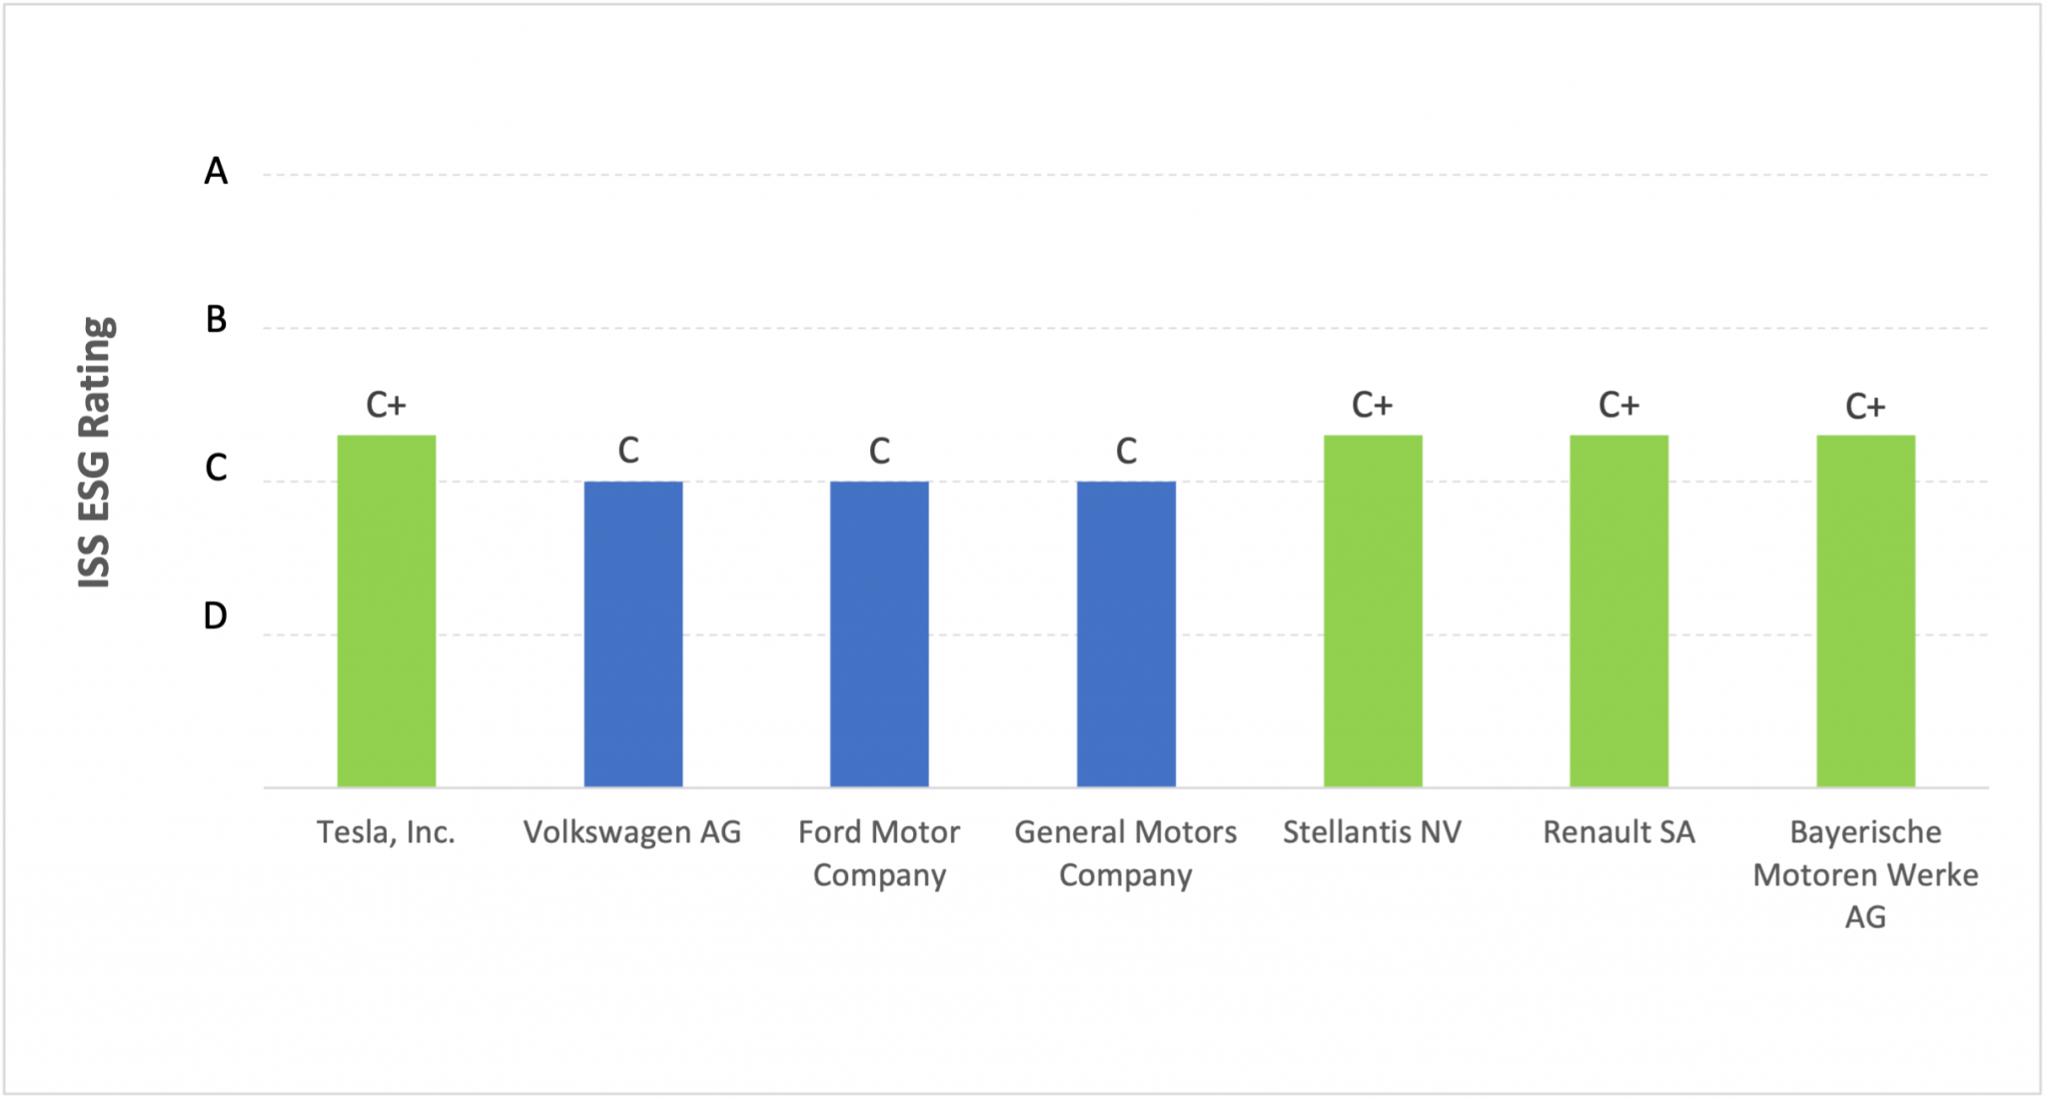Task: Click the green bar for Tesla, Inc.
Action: tap(386, 610)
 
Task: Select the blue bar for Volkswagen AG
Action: tap(632, 633)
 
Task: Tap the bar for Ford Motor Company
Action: tap(879, 633)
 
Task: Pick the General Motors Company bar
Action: tap(1126, 633)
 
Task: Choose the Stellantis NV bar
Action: tap(1373, 610)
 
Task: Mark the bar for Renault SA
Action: tap(1618, 610)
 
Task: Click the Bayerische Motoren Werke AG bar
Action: tap(1865, 610)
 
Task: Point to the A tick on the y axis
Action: tap(216, 172)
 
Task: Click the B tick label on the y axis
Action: tap(216, 320)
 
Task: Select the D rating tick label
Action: tap(216, 615)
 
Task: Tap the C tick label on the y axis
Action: tap(216, 468)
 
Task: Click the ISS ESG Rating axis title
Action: tap(95, 452)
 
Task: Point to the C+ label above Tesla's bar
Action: tap(386, 405)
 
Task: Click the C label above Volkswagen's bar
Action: tap(628, 451)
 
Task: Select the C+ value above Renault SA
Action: tap(1618, 405)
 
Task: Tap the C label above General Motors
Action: tap(1126, 452)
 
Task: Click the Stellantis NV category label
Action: tap(1372, 832)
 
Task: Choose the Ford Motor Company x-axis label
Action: tap(879, 853)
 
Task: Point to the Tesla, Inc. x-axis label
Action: tap(386, 832)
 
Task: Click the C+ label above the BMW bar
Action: tap(1865, 407)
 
